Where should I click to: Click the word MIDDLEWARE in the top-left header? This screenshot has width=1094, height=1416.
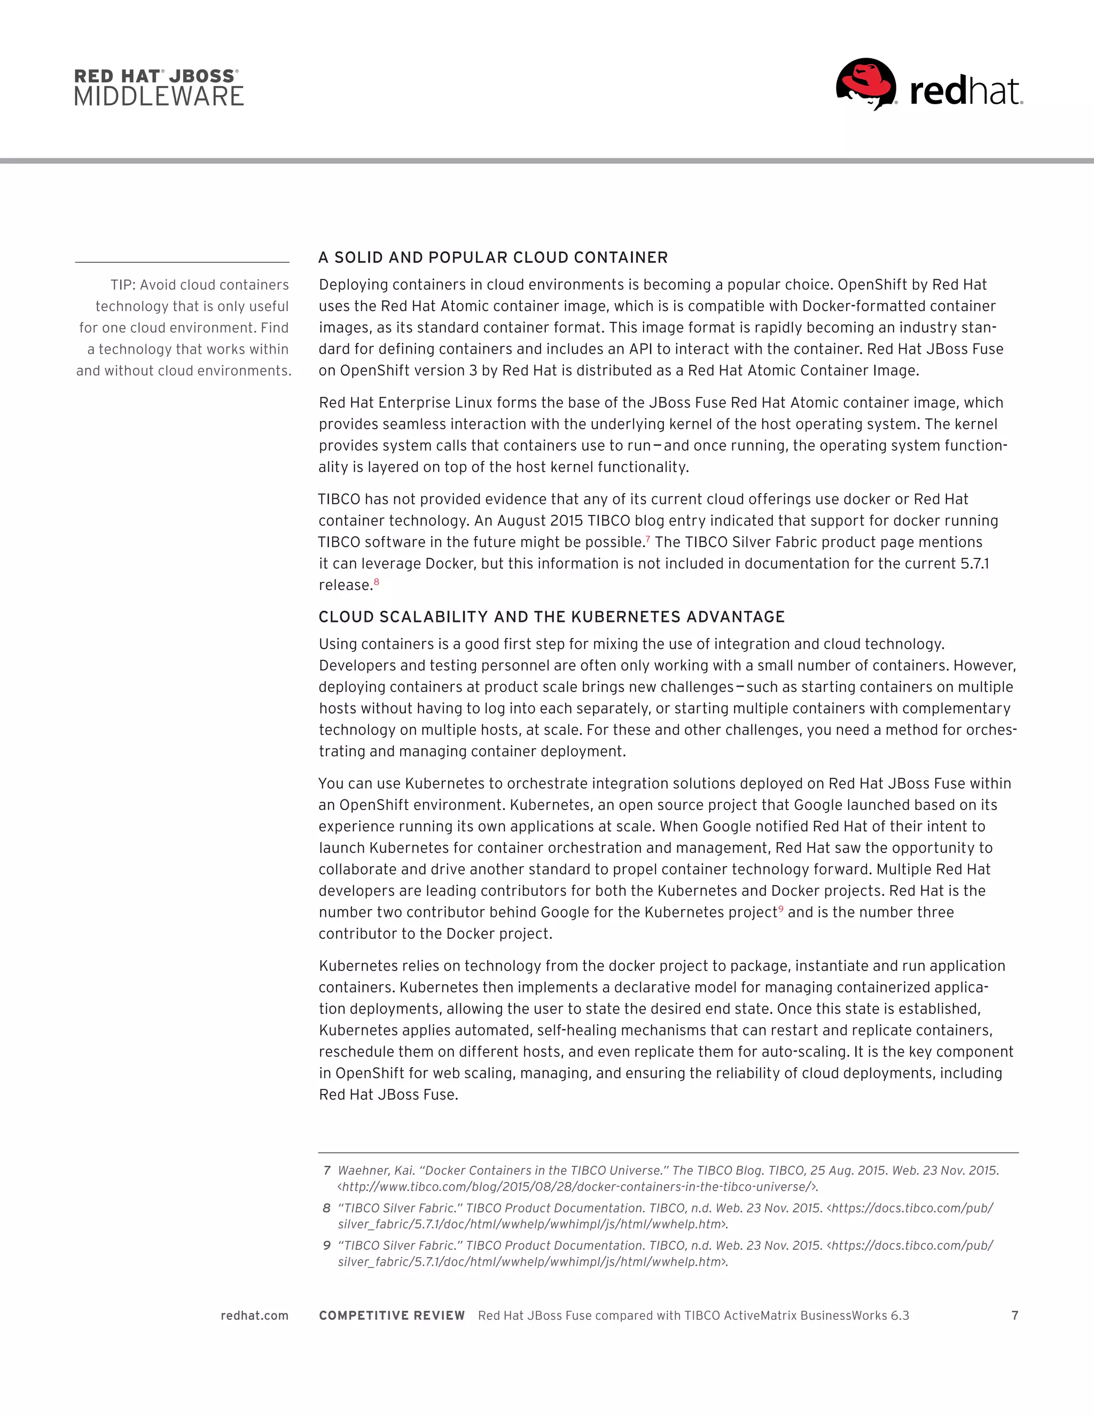(x=159, y=97)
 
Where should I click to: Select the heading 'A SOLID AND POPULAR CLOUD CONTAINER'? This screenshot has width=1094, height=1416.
(x=493, y=258)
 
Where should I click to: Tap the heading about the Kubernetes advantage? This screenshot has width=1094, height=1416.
(x=551, y=617)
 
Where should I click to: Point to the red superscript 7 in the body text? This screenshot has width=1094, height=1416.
(x=647, y=538)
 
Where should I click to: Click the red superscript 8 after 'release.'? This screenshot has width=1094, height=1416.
(x=377, y=581)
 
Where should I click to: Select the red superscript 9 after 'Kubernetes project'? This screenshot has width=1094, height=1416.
(x=781, y=908)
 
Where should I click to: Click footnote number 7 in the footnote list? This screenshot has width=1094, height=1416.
(x=326, y=1170)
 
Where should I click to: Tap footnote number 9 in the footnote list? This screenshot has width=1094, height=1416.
(x=326, y=1245)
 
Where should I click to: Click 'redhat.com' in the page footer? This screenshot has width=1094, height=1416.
(x=254, y=1316)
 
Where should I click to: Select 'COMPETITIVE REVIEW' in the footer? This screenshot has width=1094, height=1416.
(x=392, y=1316)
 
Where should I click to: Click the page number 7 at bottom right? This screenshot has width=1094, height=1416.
(x=1014, y=1316)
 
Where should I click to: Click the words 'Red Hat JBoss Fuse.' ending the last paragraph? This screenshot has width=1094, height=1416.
(x=388, y=1094)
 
